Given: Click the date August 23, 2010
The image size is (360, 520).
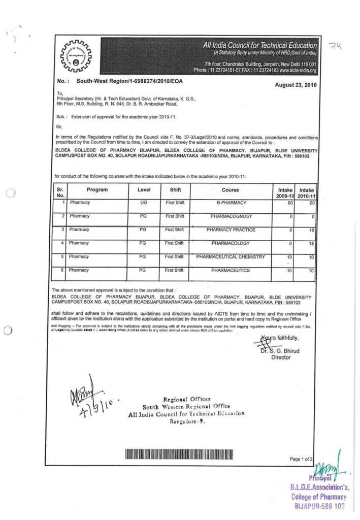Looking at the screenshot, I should pos(296,85).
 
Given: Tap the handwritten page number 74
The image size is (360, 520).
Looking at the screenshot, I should pos(336,47).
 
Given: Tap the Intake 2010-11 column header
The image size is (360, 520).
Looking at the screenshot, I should pos(306,192).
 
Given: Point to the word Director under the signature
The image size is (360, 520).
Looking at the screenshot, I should pos(281,357).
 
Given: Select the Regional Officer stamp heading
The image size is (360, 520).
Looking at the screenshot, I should pos(186,399).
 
